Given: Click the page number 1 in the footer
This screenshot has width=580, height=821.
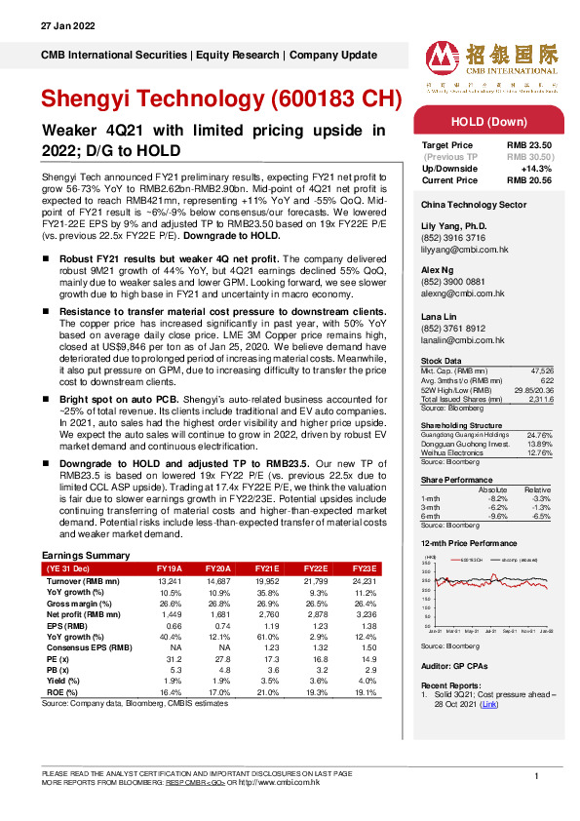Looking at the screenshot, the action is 536,775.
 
